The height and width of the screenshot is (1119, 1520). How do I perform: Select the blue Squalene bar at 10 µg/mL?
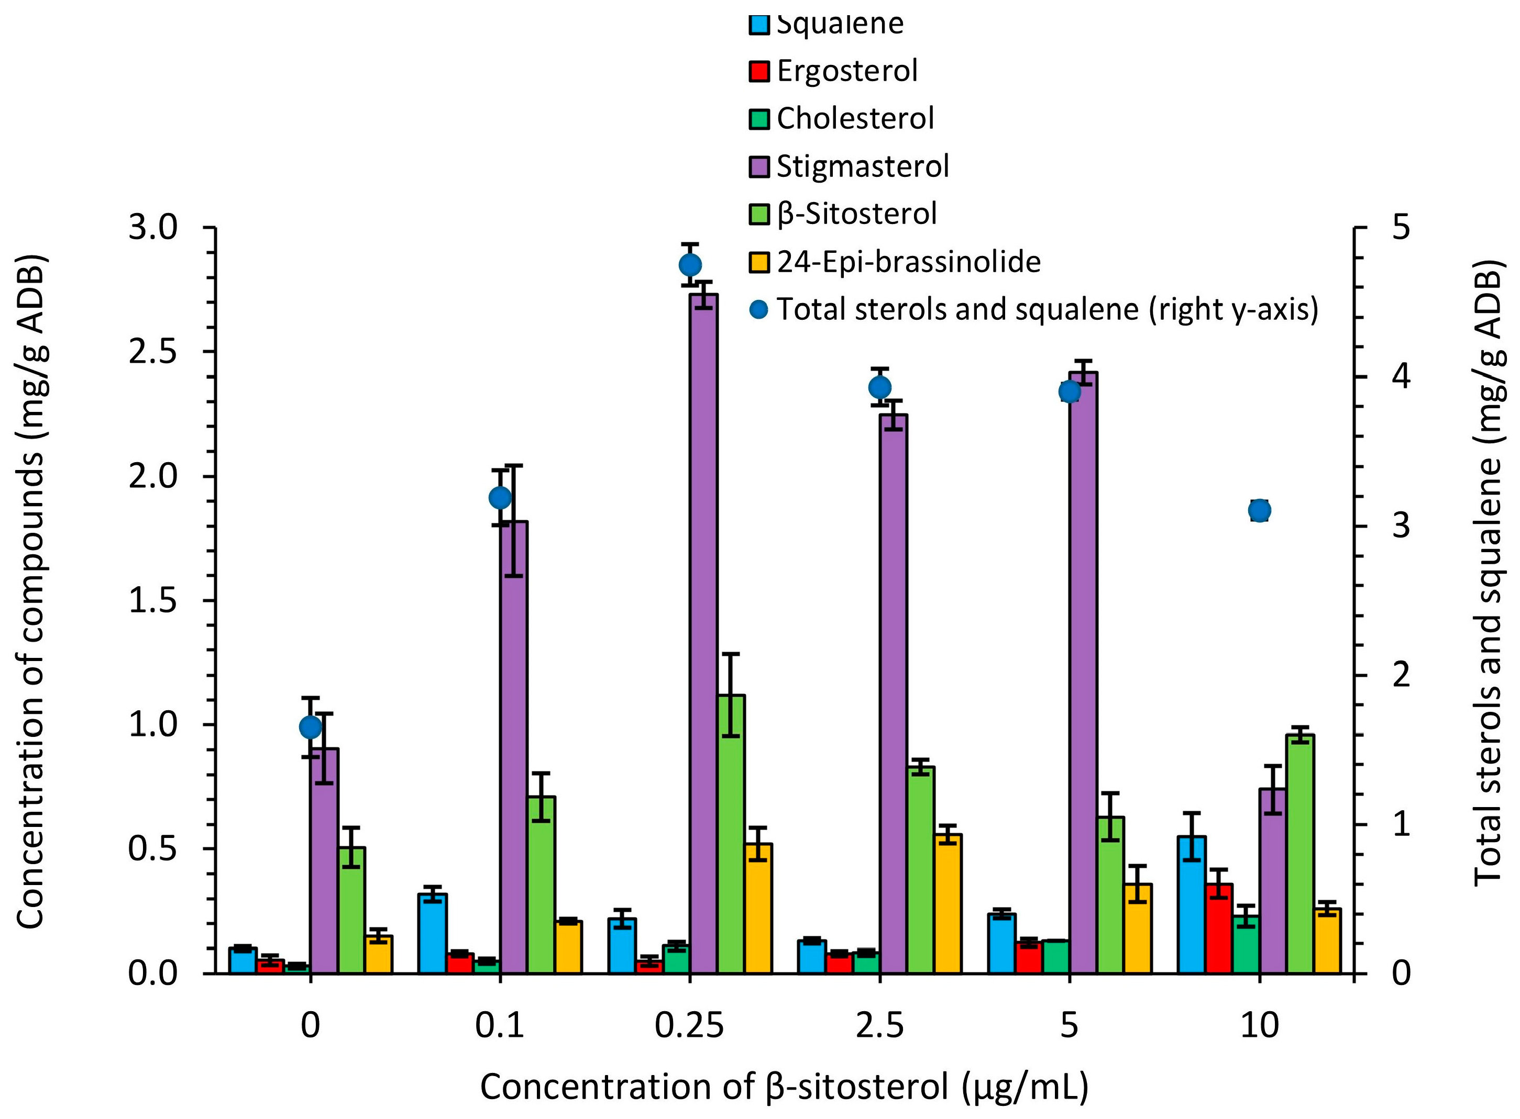pos(1192,905)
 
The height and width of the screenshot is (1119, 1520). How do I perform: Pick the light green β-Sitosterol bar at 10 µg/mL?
pos(1300,854)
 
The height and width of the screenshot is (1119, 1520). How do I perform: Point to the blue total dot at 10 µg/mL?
pos(1259,511)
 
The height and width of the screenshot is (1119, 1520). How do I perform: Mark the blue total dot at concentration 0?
pos(311,728)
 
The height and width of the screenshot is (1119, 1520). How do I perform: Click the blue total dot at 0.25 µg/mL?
pos(690,265)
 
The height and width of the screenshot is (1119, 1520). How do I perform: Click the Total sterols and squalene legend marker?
pos(759,309)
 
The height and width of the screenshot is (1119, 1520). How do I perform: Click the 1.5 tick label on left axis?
pos(152,600)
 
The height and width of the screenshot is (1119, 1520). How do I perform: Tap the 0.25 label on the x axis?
pos(689,1025)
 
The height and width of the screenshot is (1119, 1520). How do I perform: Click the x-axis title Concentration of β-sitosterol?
pos(784,1087)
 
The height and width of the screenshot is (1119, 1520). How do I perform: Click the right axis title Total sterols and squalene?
pos(1489,573)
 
